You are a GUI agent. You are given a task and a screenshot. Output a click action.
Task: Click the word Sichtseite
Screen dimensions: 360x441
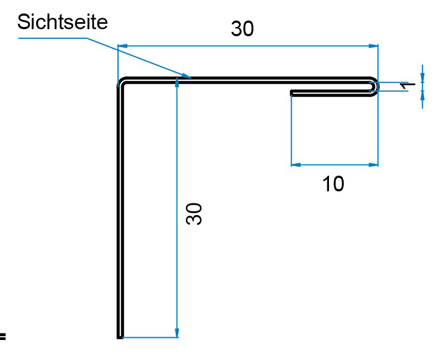pyautogui.click(x=63, y=22)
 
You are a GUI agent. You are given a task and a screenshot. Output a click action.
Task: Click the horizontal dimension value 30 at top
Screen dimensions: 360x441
pyautogui.click(x=242, y=29)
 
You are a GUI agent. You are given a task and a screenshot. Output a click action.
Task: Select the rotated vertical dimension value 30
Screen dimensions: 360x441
pyautogui.click(x=194, y=214)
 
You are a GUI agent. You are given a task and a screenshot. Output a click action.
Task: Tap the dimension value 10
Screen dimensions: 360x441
pyautogui.click(x=333, y=184)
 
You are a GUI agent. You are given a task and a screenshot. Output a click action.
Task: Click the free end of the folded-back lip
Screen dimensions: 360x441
pyautogui.click(x=292, y=93)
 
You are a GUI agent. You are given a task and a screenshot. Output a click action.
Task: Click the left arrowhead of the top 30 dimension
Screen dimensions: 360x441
pyautogui.click(x=122, y=46)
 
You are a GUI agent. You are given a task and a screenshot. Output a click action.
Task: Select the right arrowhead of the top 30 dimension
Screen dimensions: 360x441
pyautogui.click(x=374, y=46)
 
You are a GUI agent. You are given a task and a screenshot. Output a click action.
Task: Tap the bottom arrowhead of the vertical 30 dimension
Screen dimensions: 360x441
pyautogui.click(x=177, y=334)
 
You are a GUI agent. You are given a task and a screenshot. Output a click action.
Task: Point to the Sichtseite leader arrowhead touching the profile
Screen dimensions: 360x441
pyautogui.click(x=187, y=77)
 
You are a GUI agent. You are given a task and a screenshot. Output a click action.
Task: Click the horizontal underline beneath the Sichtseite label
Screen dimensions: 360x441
pyautogui.click(x=51, y=38)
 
